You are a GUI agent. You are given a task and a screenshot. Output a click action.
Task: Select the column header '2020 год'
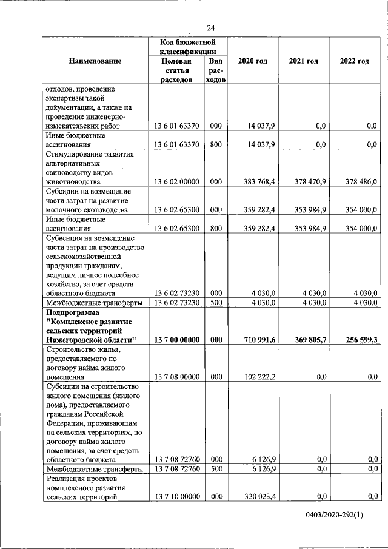click(x=252, y=61)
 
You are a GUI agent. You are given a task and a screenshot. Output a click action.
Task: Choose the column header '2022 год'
click(x=355, y=61)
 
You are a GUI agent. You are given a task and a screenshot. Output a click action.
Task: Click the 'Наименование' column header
click(x=95, y=61)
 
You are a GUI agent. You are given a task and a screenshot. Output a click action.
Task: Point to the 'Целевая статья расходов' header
click(x=177, y=70)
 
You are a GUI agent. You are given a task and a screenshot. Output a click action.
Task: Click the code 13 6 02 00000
click(x=177, y=181)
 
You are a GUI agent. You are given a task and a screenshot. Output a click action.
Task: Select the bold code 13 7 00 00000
click(x=177, y=340)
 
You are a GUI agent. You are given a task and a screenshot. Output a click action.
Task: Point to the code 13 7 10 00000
click(x=177, y=497)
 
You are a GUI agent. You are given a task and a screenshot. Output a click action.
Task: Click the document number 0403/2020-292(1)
click(x=334, y=531)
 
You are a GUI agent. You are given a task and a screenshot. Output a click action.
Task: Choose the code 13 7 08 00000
click(x=177, y=377)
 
